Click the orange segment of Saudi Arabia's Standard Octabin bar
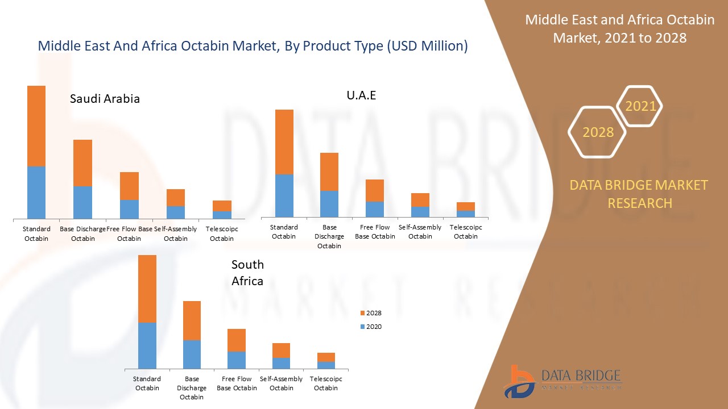[36, 126]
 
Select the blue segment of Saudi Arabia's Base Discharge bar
[82, 202]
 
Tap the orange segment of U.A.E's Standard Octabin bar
[284, 141]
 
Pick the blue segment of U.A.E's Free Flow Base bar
[375, 209]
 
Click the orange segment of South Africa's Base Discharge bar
[192, 320]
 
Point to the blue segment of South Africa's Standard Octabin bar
[147, 345]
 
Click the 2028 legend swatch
[363, 313]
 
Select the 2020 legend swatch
[363, 327]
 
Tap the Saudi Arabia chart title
[105, 98]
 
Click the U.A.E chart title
[361, 95]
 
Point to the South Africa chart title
[247, 273]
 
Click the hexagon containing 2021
[640, 106]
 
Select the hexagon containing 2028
[597, 132]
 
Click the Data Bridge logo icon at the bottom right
[519, 382]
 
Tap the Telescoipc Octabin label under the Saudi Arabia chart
[222, 233]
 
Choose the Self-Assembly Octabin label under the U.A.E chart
[420, 232]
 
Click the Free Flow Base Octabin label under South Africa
[237, 383]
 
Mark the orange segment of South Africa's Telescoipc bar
[326, 357]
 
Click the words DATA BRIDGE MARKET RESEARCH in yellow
[639, 194]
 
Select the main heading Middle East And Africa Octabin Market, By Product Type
[253, 46]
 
